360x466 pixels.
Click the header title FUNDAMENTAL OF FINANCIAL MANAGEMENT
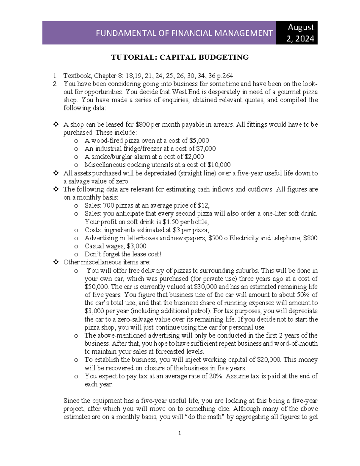184,33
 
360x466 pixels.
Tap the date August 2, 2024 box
301,33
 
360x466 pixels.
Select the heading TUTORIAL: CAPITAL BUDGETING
180,57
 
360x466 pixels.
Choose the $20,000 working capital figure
269,360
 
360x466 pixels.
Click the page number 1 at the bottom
180,433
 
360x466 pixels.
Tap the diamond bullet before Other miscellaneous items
55,263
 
